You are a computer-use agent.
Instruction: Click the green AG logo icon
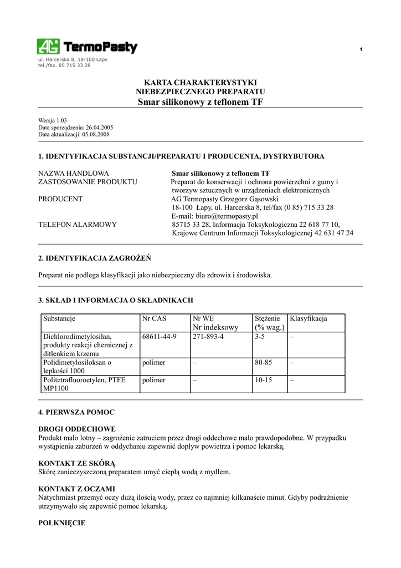tap(48, 47)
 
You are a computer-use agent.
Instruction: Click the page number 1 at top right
tap(361, 50)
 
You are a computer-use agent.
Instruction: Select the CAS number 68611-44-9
tap(160, 337)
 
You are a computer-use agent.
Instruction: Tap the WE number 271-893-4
tap(208, 337)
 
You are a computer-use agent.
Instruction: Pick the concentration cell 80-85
tap(264, 363)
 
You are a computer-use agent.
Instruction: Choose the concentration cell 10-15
tap(264, 380)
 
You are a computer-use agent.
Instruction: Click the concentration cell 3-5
tap(260, 337)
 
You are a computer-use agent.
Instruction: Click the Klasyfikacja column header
tap(309, 319)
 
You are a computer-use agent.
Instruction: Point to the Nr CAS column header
tap(154, 319)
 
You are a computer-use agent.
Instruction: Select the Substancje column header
tap(59, 319)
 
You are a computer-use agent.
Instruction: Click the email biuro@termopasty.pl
tap(215, 216)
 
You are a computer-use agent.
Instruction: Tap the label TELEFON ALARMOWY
tap(78, 225)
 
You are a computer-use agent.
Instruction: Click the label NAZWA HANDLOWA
tap(74, 174)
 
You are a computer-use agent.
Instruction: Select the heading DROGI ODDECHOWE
tap(77, 429)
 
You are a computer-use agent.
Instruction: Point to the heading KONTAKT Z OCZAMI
tap(76, 489)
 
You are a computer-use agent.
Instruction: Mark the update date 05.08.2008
tap(97, 134)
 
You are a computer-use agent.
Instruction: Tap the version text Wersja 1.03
tap(53, 120)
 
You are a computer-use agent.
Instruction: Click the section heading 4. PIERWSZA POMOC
tap(76, 413)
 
